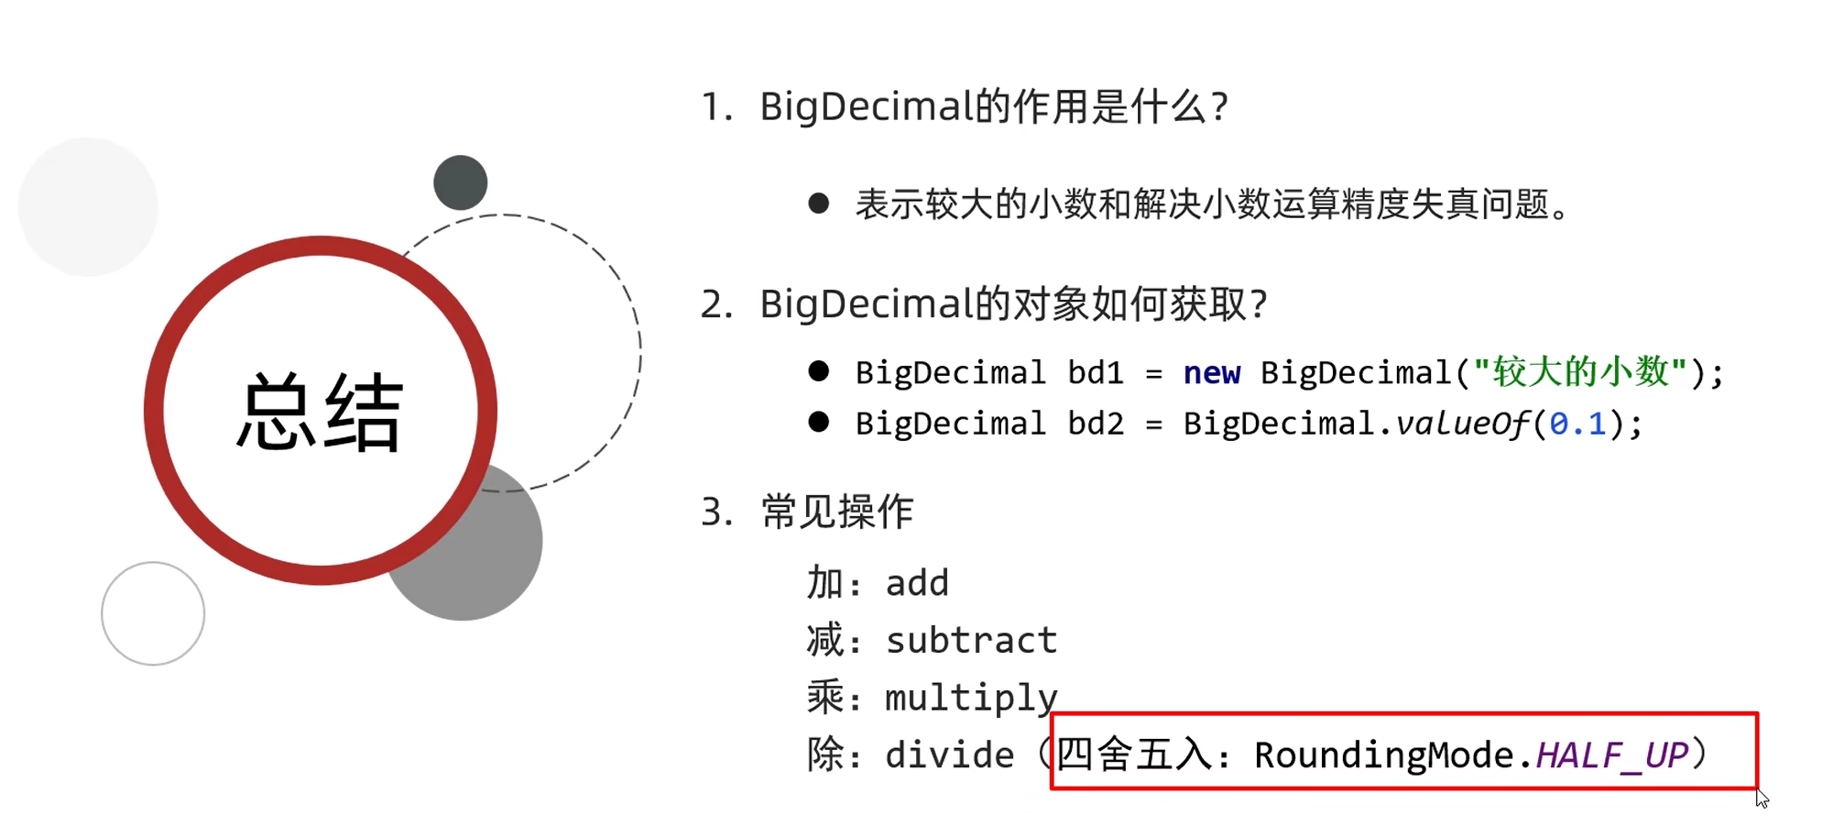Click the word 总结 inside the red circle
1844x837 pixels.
pyautogui.click(x=320, y=413)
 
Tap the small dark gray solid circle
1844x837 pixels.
pyautogui.click(x=460, y=182)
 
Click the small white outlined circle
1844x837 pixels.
pyautogui.click(x=153, y=613)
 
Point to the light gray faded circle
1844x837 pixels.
pyautogui.click(x=88, y=207)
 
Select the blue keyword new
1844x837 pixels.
pyautogui.click(x=1211, y=373)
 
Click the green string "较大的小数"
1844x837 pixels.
pyautogui.click(x=1579, y=372)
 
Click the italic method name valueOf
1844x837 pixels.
pyautogui.click(x=1462, y=424)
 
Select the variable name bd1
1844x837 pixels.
pyautogui.click(x=1096, y=373)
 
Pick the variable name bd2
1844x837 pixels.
pyautogui.click(x=1096, y=424)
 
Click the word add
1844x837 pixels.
pyautogui.click(x=917, y=583)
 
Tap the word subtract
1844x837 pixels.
pyautogui.click(x=971, y=640)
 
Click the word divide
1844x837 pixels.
pyautogui.click(x=949, y=755)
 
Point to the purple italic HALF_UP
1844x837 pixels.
pyautogui.click(x=1611, y=755)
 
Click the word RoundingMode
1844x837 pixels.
pyautogui.click(x=1384, y=755)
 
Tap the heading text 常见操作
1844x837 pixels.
pyautogui.click(x=837, y=512)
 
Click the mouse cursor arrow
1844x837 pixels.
pyautogui.click(x=1762, y=798)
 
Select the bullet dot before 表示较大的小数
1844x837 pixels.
pyautogui.click(x=819, y=204)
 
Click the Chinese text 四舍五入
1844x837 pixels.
pyautogui.click(x=1134, y=754)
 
